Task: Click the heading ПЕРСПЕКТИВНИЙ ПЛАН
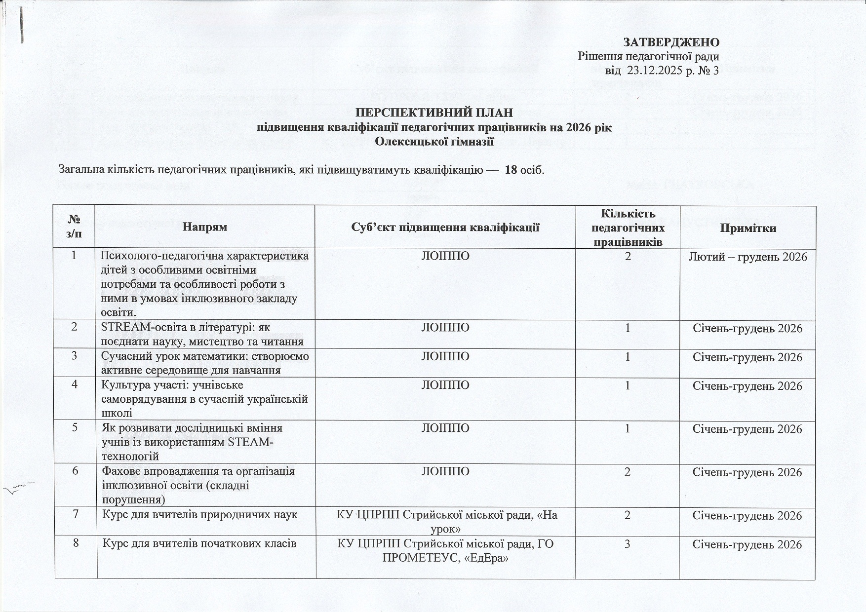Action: click(432, 113)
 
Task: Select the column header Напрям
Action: click(204, 228)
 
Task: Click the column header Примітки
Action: click(748, 228)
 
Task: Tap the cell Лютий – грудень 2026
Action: click(748, 257)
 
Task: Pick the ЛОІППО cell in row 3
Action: click(444, 356)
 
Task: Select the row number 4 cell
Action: click(75, 384)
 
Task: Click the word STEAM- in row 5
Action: click(251, 442)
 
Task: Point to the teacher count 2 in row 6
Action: click(627, 472)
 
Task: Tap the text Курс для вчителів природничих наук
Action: click(200, 515)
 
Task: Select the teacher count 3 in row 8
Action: click(627, 544)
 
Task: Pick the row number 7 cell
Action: click(75, 515)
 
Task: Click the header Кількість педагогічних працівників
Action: click(627, 228)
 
